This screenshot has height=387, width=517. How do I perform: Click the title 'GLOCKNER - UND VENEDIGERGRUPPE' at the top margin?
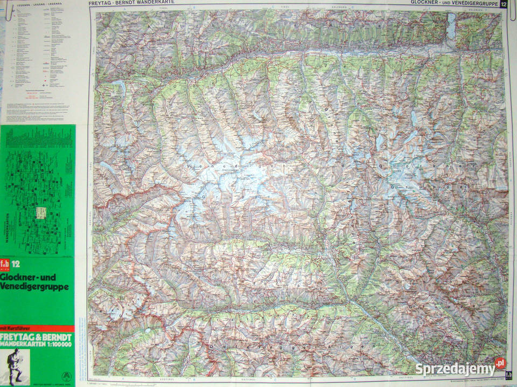click(x=454, y=3)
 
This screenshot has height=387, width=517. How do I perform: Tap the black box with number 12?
click(x=504, y=4)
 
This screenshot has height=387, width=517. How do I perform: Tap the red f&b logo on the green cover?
click(x=6, y=264)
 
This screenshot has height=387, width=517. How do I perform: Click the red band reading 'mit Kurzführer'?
click(x=37, y=328)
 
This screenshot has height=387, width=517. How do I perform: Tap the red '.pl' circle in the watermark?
click(x=500, y=363)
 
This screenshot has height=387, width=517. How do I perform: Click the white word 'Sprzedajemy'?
click(x=455, y=369)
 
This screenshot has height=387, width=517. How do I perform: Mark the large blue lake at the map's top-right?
click(x=451, y=26)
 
